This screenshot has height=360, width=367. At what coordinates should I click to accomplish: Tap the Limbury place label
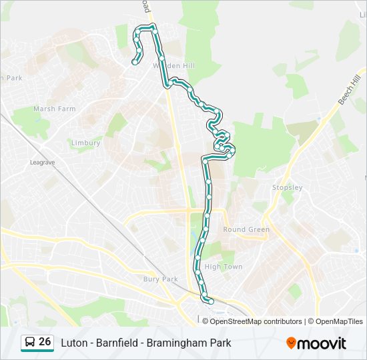85,143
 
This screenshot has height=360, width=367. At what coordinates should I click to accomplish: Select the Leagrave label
41,162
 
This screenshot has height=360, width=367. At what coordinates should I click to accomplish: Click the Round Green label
246,229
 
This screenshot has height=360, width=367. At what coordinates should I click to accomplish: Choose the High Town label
224,267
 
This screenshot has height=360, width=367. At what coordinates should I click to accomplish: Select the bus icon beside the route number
30,343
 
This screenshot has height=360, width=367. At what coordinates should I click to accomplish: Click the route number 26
45,342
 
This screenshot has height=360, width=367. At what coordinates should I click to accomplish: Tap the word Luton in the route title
73,343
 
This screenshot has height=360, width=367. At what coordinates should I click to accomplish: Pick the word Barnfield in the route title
119,343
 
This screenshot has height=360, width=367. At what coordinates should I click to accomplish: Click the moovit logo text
322,343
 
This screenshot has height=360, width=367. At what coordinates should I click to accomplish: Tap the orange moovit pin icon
291,343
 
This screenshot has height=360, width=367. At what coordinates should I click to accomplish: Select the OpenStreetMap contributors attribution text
256,321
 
